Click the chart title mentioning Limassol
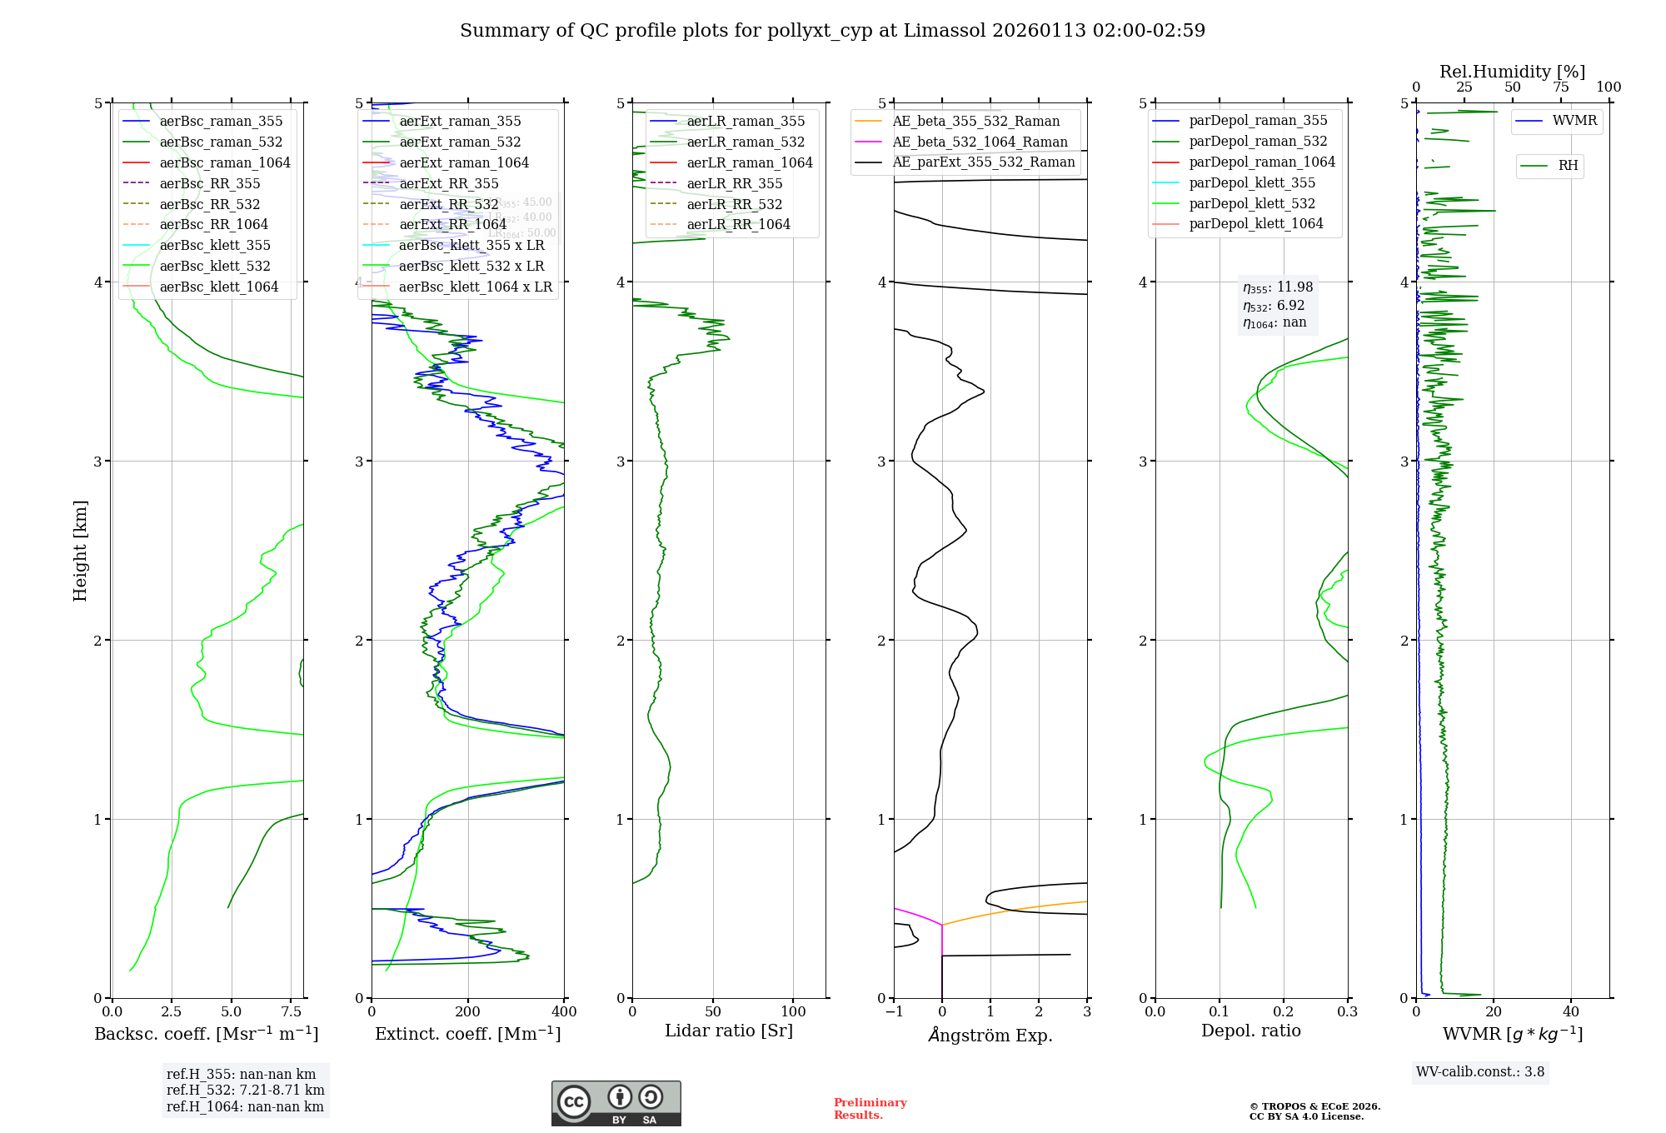pos(832,31)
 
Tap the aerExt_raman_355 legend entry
pos(460,121)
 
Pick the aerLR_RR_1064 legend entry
pos(738,224)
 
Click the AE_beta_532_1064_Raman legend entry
pos(980,142)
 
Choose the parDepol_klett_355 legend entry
pos(1252,182)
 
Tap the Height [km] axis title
pos(80,551)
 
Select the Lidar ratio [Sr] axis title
pos(729,1031)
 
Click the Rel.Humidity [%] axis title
pos(1512,72)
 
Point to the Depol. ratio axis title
pos(1250,1031)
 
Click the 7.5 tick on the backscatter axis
pos(292,1012)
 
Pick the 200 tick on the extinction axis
pos(468,1012)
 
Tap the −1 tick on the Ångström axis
pos(894,1012)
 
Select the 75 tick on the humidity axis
pos(1560,87)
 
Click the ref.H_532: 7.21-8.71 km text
pos(245,1090)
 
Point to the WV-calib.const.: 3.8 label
pos(1479,1072)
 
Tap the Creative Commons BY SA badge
pos(616,1103)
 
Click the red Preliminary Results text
pos(870,1109)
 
